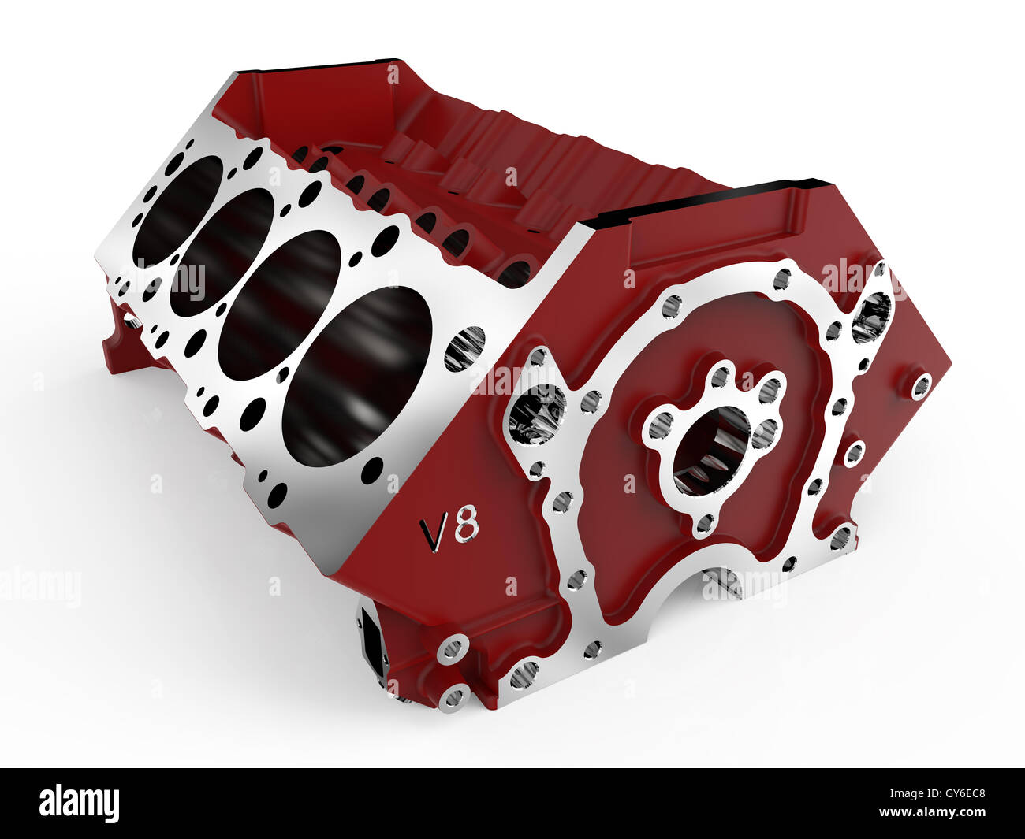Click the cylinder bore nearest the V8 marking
[x=356, y=375]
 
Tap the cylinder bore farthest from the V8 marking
[x=177, y=210]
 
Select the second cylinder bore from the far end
[x=222, y=252]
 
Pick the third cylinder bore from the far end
[x=279, y=304]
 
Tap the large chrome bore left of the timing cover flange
[x=537, y=413]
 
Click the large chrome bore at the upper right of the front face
[x=870, y=317]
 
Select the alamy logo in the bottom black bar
[x=80, y=804]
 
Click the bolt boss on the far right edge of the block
[x=920, y=386]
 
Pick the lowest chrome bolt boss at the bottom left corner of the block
[x=455, y=696]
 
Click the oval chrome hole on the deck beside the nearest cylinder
[x=464, y=349]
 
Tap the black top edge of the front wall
[x=710, y=201]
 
